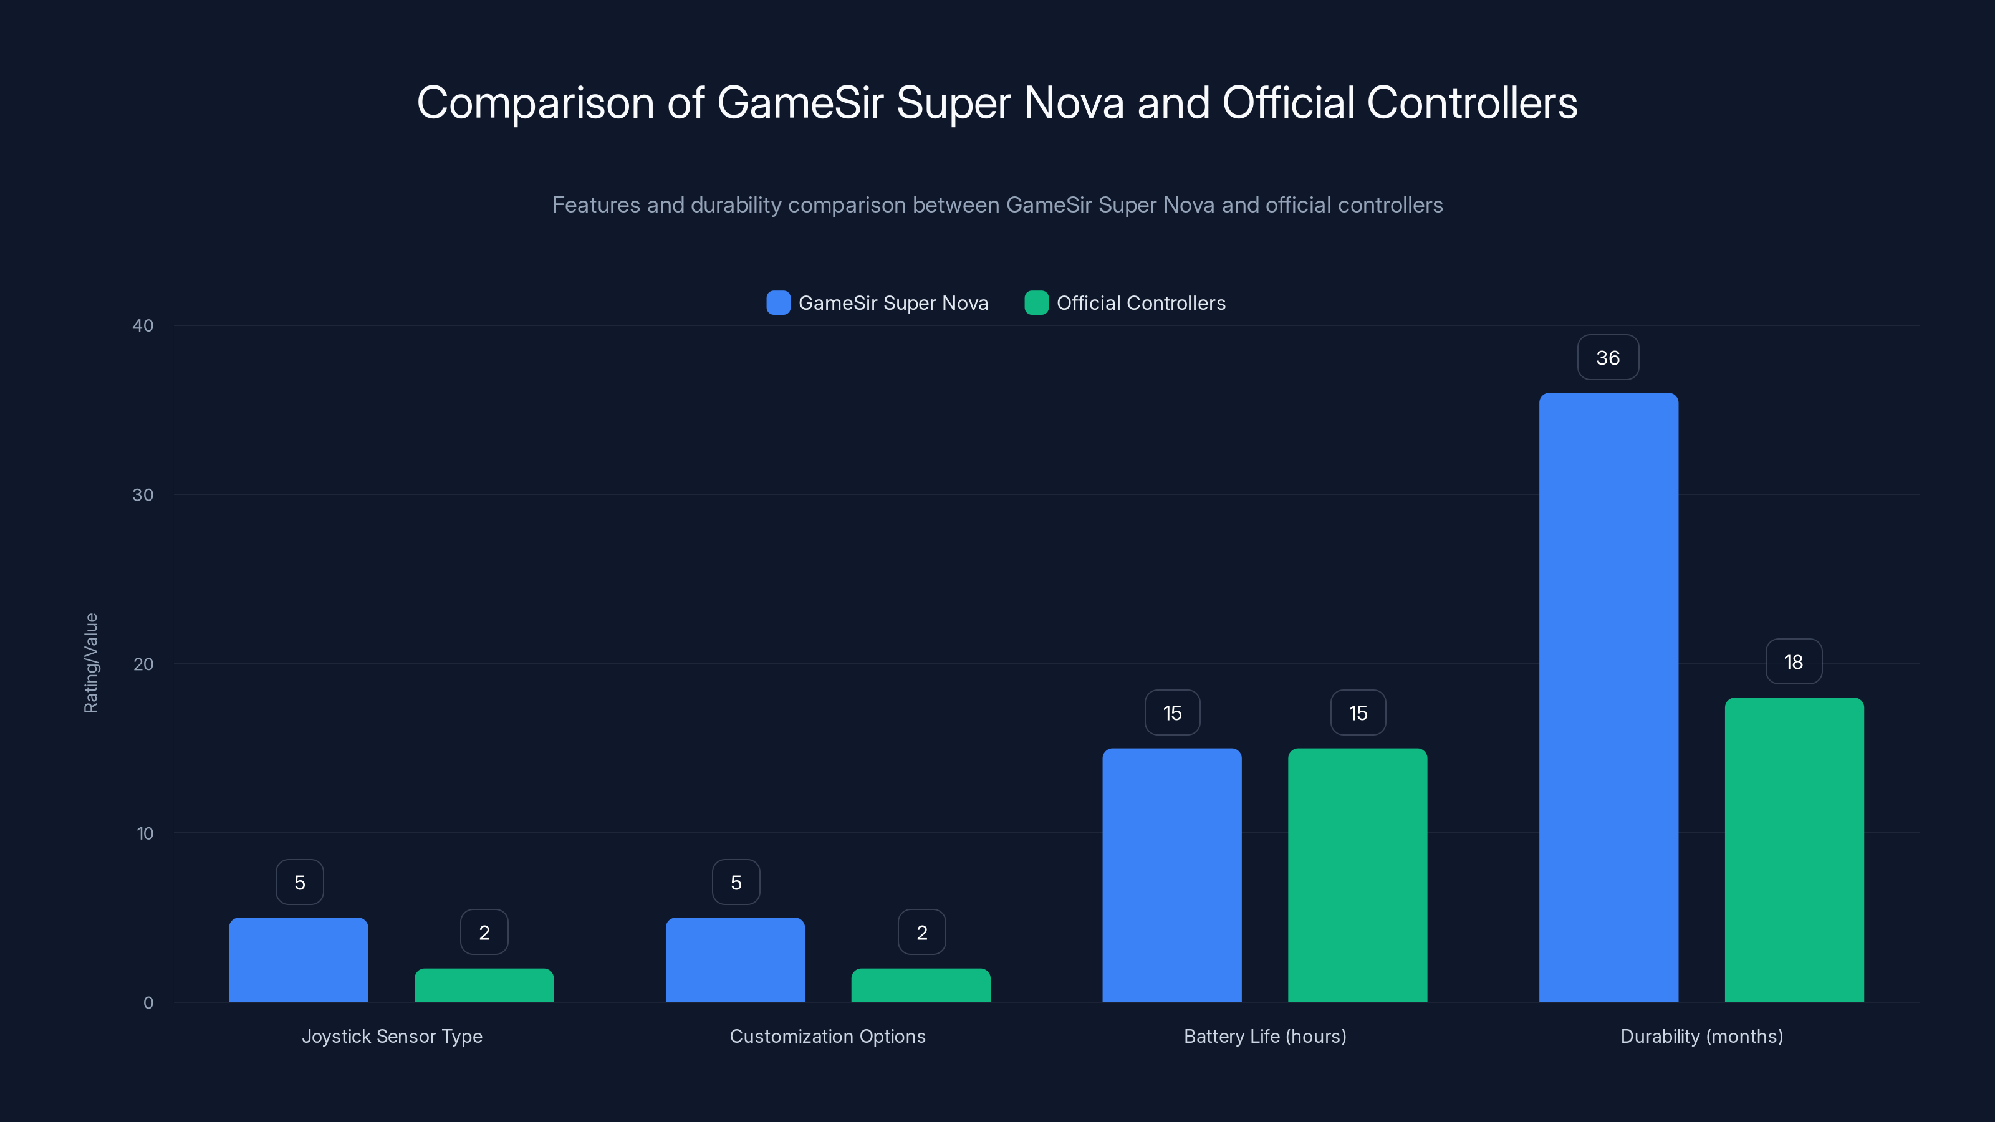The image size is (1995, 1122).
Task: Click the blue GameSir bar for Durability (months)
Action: pyautogui.click(x=1608, y=697)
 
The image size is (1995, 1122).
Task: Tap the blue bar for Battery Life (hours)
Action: pyautogui.click(x=1172, y=875)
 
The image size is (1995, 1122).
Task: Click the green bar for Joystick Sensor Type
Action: pyautogui.click(x=484, y=985)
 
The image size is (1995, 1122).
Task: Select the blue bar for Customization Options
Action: pyautogui.click(x=735, y=959)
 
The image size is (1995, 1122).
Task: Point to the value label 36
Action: pyautogui.click(x=1608, y=358)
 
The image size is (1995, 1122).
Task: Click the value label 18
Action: pyautogui.click(x=1794, y=662)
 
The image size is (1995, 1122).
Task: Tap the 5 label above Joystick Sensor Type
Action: pyautogui.click(x=300, y=882)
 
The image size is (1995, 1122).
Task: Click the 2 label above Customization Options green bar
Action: pyautogui.click(x=921, y=933)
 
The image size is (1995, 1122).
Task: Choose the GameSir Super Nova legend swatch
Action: pyautogui.click(x=777, y=303)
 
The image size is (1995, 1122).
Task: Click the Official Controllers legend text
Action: pyautogui.click(x=1141, y=303)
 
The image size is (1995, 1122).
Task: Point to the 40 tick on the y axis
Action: pyautogui.click(x=143, y=325)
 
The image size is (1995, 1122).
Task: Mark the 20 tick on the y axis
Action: pyautogui.click(x=143, y=664)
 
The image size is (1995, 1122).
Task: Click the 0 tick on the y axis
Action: pyautogui.click(x=148, y=1003)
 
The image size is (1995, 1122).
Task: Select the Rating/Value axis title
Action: pyautogui.click(x=90, y=663)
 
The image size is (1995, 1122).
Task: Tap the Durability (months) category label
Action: pyautogui.click(x=1701, y=1036)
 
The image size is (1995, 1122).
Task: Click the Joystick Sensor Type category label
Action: pyautogui.click(x=392, y=1036)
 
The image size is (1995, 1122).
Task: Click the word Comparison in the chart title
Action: pyautogui.click(x=535, y=103)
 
